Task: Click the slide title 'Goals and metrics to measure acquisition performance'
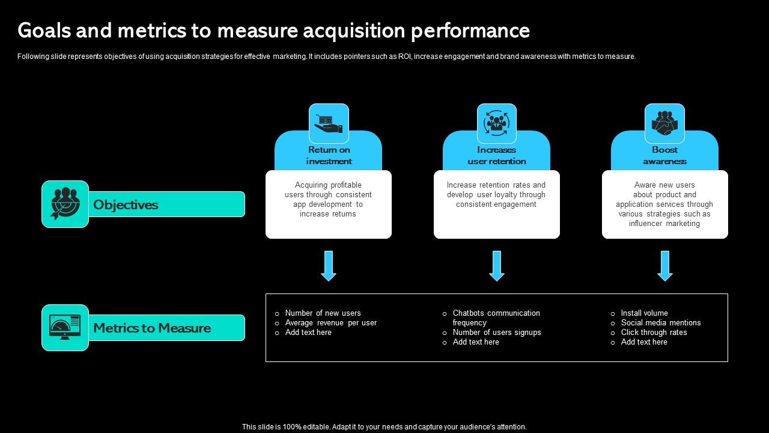[274, 30]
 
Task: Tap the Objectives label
[126, 204]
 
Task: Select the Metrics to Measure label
[152, 328]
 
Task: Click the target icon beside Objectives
[65, 204]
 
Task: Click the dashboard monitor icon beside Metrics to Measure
[65, 328]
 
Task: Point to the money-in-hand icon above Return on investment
[329, 123]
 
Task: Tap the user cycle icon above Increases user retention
[496, 123]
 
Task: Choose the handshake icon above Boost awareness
[664, 123]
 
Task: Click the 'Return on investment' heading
[329, 155]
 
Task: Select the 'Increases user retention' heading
[496, 155]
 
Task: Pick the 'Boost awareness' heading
[664, 155]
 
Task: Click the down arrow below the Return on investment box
[329, 266]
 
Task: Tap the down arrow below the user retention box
[496, 266]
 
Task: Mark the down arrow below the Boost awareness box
[664, 266]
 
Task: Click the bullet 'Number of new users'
[323, 313]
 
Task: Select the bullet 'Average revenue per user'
[330, 322]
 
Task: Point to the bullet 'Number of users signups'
[497, 332]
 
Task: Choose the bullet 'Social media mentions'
[661, 322]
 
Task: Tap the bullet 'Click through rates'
[654, 332]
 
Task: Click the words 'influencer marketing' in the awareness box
[664, 224]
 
